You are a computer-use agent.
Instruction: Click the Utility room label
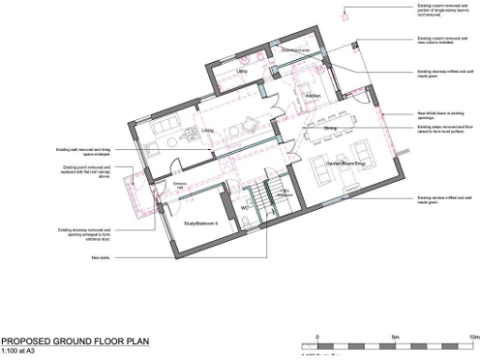click(x=242, y=71)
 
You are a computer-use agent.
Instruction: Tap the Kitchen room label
click(x=313, y=97)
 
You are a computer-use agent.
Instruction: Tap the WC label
click(x=245, y=208)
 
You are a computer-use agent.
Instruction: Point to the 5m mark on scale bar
click(x=396, y=335)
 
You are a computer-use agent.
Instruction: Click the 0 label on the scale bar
click(x=318, y=335)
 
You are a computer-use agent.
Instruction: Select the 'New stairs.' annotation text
click(x=100, y=257)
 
